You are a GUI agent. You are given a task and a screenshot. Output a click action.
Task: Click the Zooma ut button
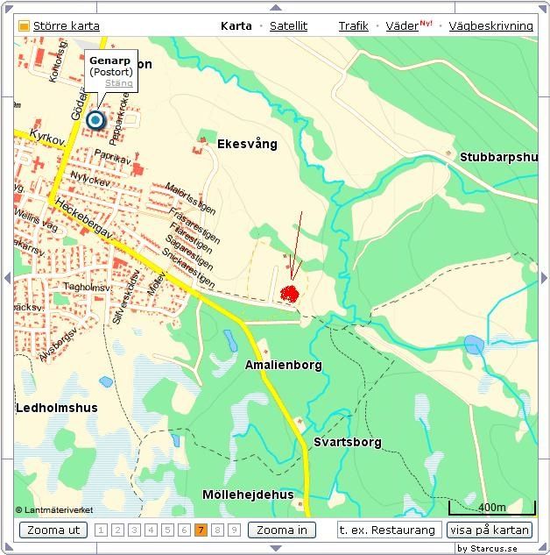point(53,530)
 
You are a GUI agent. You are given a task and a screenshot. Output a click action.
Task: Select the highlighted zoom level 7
point(201,530)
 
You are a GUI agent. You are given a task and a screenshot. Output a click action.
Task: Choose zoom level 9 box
point(235,530)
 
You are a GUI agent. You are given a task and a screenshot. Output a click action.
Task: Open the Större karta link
point(66,26)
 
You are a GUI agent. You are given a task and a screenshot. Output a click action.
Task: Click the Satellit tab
point(288,26)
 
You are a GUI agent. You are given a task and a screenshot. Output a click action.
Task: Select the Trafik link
point(354,26)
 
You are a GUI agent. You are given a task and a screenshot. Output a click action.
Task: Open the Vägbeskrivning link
point(490,26)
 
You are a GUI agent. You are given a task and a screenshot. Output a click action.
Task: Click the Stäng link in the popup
point(119,83)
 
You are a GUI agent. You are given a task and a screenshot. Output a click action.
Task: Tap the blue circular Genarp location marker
point(95,120)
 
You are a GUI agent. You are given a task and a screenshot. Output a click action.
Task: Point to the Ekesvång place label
point(247,143)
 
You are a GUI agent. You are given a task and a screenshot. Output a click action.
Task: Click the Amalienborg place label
point(284,365)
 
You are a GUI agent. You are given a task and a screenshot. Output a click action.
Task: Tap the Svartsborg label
point(348,442)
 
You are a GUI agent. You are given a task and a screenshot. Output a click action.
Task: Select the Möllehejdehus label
point(248,495)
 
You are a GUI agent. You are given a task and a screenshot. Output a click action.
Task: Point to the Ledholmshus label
point(57,408)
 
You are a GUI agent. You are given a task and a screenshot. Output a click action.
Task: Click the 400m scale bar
point(491,509)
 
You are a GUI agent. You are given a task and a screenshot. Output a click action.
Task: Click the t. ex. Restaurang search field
point(389,530)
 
